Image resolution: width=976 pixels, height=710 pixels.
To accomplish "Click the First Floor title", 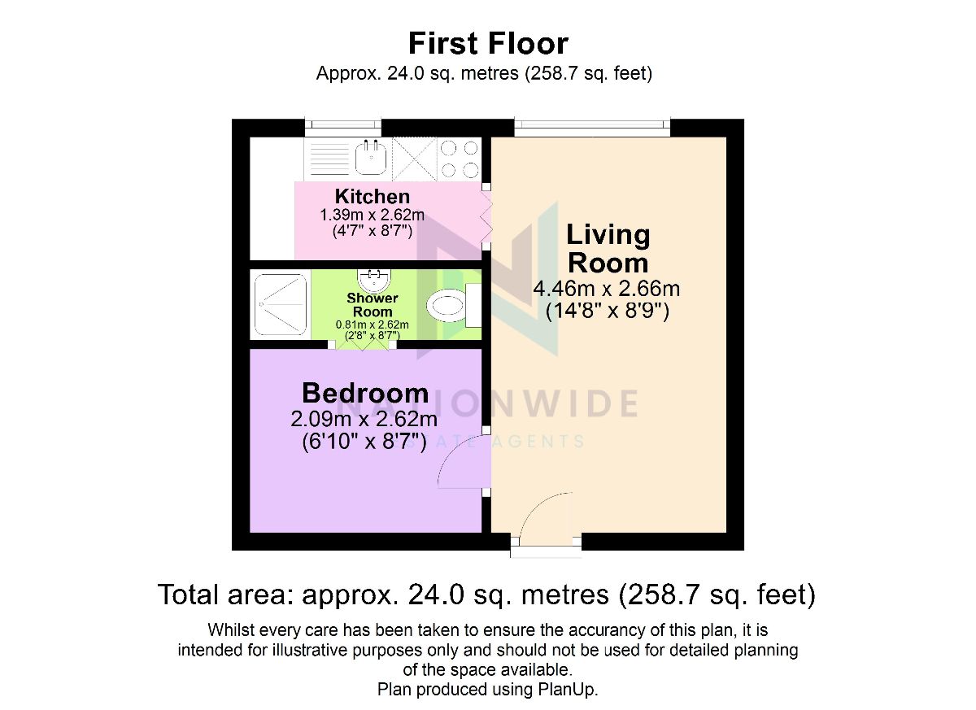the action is [488, 44].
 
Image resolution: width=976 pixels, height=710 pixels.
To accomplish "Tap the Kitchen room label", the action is [373, 197].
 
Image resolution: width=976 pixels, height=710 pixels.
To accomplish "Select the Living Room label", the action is [608, 249].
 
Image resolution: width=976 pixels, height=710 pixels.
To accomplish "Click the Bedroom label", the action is [365, 394].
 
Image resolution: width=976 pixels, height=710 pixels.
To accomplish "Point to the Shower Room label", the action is [373, 305].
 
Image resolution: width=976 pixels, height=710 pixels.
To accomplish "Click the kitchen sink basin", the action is [371, 157].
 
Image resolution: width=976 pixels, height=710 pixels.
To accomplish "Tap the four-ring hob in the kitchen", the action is [460, 159].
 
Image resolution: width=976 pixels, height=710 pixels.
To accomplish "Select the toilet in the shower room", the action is [454, 305].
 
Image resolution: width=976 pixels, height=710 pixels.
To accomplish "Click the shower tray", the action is [280, 304].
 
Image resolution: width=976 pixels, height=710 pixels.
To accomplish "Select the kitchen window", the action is [342, 128].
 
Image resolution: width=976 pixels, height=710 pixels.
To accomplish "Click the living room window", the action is [592, 128].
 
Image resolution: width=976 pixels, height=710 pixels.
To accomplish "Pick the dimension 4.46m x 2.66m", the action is [606, 289].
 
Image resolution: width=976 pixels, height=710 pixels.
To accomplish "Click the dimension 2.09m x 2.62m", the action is [364, 420].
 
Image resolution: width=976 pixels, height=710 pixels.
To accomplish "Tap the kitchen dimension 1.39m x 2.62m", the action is [373, 215].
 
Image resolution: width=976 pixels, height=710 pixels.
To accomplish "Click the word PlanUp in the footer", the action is [568, 690].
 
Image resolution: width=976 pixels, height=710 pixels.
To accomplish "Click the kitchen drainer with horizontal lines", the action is [329, 159].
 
